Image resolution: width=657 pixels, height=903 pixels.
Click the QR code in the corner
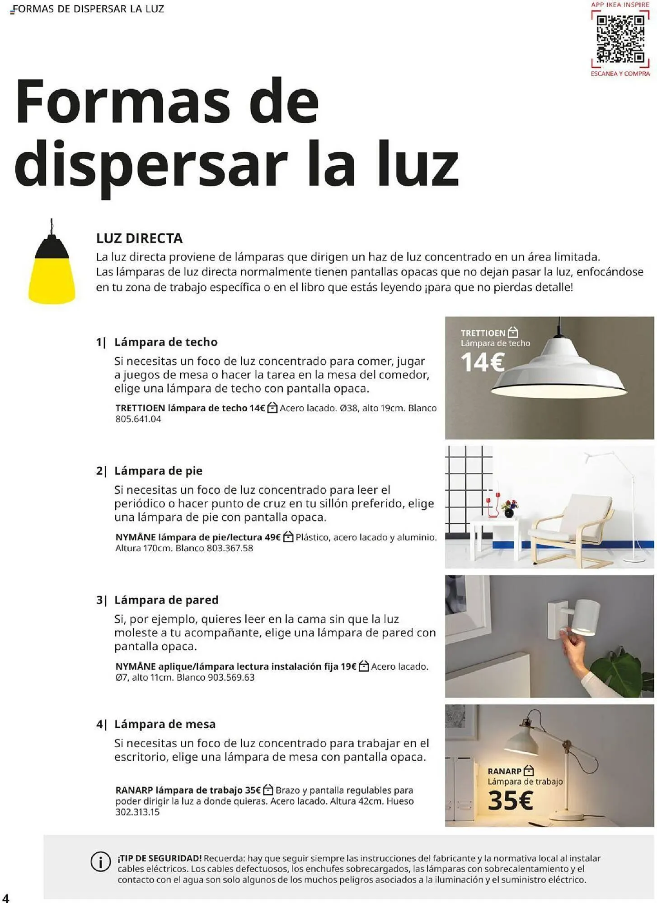[620, 39]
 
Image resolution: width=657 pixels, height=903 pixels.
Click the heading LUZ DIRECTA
[139, 238]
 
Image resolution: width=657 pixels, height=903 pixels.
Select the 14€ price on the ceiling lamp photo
[482, 363]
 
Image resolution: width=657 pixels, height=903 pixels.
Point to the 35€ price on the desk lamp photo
[510, 801]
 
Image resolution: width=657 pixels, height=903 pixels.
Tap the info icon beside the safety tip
[100, 862]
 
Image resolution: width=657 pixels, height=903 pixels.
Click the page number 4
[5, 897]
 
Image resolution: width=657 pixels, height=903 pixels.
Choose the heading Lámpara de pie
[158, 471]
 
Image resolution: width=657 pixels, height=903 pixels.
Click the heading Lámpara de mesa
[164, 724]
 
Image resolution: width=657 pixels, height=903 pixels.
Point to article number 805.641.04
[138, 419]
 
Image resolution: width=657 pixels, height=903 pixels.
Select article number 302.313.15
[137, 812]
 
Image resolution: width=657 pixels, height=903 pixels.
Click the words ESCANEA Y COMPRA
[620, 74]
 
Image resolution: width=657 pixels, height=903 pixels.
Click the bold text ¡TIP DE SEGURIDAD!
[160, 858]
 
